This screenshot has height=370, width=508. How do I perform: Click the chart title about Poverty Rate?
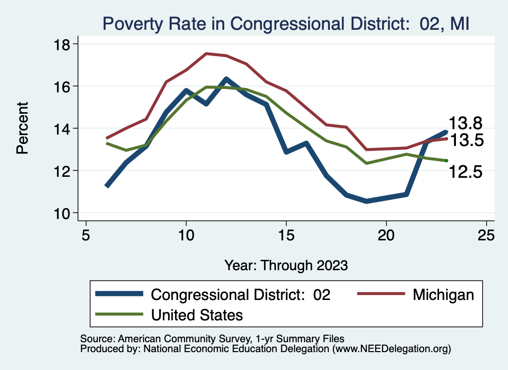[x=285, y=23]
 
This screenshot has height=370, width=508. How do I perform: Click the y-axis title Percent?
[x=23, y=128]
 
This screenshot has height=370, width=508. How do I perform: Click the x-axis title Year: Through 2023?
[x=286, y=265]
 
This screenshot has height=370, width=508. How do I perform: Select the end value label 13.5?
[x=466, y=141]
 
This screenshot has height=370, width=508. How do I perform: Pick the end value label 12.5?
[x=466, y=172]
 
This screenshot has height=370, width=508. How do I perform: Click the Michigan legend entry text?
[x=443, y=295]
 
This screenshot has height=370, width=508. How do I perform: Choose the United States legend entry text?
[x=197, y=314]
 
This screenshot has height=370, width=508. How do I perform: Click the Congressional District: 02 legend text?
[x=241, y=295]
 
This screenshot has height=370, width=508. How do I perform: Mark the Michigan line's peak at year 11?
[x=206, y=53]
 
